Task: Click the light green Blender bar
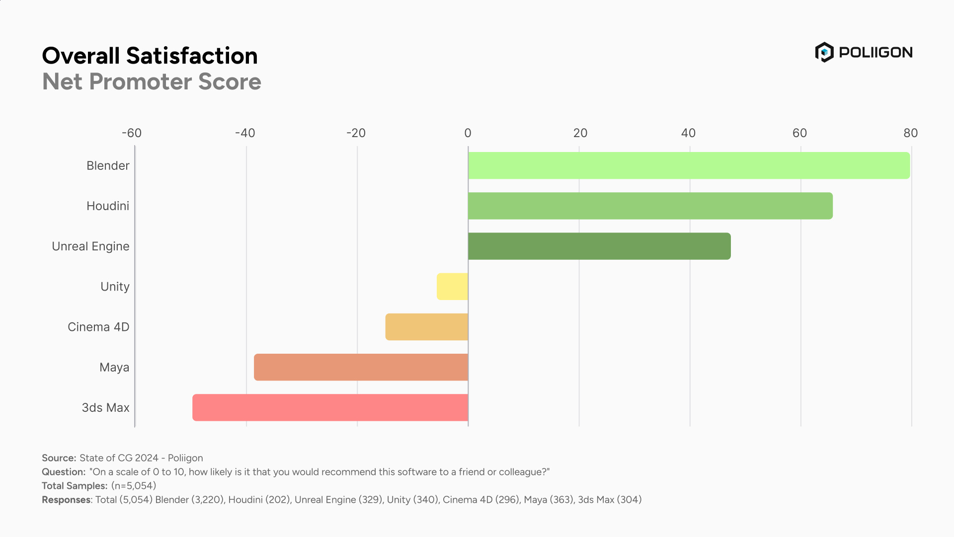click(x=689, y=165)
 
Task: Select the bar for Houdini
click(x=650, y=206)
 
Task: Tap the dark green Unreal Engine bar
click(x=599, y=246)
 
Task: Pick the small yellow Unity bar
click(x=452, y=286)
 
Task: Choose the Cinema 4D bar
click(x=426, y=327)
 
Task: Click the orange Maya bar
click(x=361, y=367)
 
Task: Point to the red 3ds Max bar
click(x=330, y=407)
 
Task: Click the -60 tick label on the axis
click(x=132, y=133)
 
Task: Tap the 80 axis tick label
click(x=910, y=133)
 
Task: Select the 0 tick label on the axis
click(x=468, y=133)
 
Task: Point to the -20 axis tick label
click(x=356, y=133)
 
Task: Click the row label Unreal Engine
click(x=90, y=246)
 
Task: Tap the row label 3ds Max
click(x=105, y=408)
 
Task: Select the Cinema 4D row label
click(x=98, y=327)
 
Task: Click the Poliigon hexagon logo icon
click(x=824, y=52)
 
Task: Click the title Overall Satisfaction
click(x=150, y=56)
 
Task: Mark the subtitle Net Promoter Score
click(x=152, y=81)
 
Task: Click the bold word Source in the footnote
click(x=59, y=458)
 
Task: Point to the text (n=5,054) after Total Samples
click(x=134, y=486)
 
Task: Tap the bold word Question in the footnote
click(x=64, y=472)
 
